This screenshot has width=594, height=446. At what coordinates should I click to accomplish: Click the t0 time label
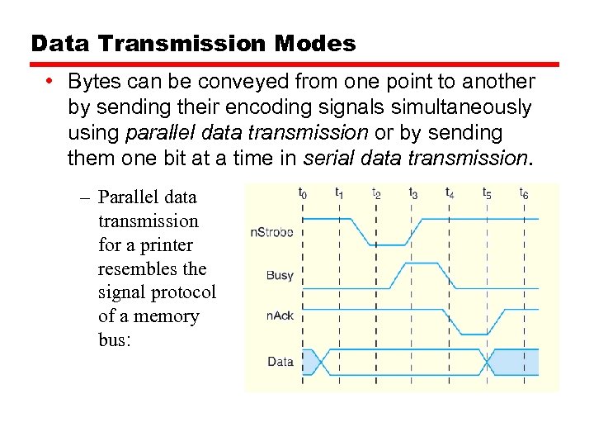[x=303, y=193]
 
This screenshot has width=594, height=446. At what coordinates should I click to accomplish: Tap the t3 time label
[x=413, y=193]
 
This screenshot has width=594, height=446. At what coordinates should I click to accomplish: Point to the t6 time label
[x=524, y=193]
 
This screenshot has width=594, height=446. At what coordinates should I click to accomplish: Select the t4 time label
[x=450, y=193]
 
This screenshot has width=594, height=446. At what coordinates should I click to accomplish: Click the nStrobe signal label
[x=271, y=232]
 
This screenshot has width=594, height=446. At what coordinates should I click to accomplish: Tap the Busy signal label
[x=280, y=275]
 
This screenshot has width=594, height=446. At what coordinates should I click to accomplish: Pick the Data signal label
[x=280, y=362]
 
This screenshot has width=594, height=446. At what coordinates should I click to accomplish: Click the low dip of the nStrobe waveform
[x=387, y=244]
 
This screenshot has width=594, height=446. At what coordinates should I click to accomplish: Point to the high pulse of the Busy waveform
[x=424, y=264]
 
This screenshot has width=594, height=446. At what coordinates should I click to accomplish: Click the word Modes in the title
[x=317, y=44]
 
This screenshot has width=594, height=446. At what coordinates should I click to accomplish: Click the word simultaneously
[x=460, y=107]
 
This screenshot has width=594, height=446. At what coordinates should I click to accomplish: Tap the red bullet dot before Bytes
[x=51, y=81]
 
